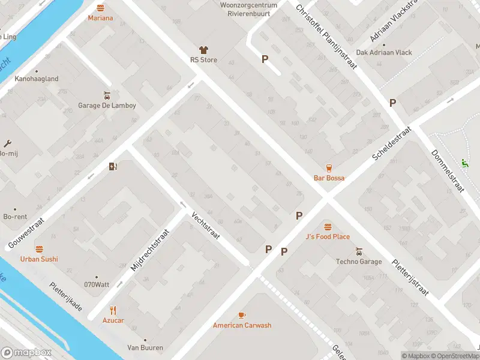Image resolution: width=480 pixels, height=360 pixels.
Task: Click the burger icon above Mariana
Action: (100, 8)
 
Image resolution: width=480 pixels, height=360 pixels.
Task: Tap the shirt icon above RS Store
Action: (203, 50)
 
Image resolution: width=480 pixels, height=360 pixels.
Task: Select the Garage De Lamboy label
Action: (107, 106)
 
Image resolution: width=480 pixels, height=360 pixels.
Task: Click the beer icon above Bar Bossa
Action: (329, 167)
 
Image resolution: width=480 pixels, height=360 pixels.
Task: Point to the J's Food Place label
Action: (327, 236)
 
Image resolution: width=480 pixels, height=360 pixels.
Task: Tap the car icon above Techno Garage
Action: (359, 251)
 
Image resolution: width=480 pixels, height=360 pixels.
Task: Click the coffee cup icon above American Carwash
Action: (242, 315)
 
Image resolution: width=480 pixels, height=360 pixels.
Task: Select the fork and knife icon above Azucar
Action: (113, 310)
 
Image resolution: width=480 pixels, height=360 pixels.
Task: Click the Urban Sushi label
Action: (39, 259)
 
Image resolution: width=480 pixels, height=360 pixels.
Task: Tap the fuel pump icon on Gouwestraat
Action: (113, 167)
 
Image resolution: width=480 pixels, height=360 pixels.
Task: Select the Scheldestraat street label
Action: (391, 144)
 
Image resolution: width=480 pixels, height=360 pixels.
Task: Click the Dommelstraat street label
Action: (448, 170)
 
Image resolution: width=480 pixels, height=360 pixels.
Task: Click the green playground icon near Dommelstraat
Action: (464, 163)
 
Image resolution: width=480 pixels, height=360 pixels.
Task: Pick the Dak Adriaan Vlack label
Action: (384, 52)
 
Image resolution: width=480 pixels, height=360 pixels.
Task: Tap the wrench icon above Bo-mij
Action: (7, 143)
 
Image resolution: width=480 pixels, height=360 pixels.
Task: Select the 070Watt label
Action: (96, 284)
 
